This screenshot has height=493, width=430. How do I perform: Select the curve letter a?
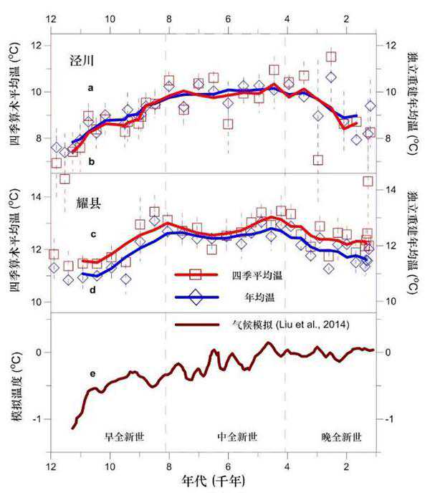(90, 87)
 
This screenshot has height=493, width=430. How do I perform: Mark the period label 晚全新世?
(340, 436)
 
